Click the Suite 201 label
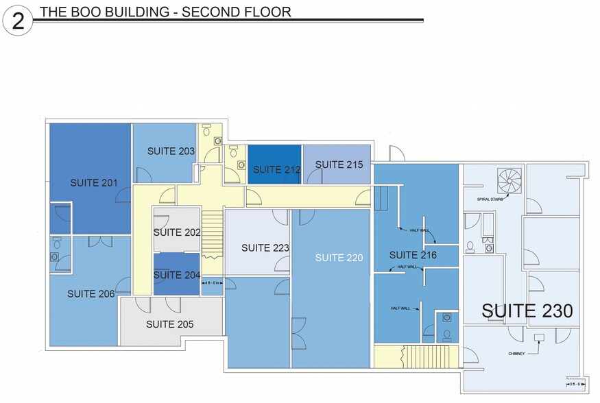point(94,183)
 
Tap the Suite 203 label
point(171,151)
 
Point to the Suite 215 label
point(339,164)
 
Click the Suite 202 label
point(177,232)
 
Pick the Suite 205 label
point(170,324)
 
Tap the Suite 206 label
point(91,294)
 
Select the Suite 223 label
point(265,248)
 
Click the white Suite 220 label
point(339,258)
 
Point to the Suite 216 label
point(413,255)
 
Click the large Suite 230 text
point(527,310)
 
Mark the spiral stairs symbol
point(510,181)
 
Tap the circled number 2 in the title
point(18,20)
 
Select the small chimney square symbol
point(539,337)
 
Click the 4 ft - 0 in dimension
point(212,282)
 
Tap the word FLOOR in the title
point(268,12)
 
